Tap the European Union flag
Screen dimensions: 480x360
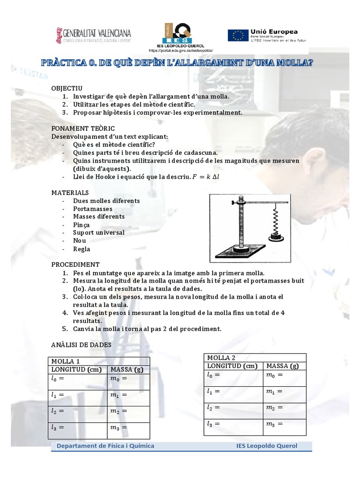[238, 36]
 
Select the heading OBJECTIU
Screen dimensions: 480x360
[67, 88]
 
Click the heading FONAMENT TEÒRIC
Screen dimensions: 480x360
[83, 128]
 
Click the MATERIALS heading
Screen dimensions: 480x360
[70, 192]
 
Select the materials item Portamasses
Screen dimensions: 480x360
[92, 209]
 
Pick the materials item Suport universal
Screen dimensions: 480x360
[98, 232]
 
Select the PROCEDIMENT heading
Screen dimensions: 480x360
[75, 264]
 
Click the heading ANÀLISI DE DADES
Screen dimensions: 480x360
[81, 345]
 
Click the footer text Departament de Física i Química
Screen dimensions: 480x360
[105, 446]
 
